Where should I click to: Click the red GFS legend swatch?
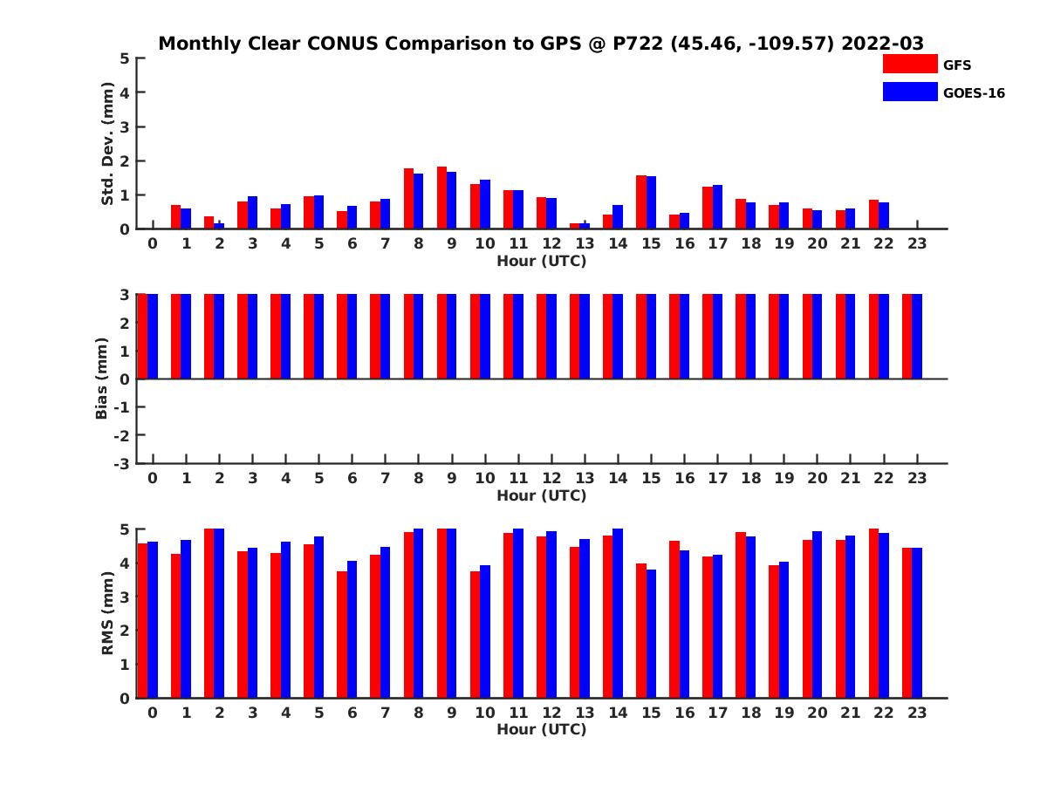pyautogui.click(x=910, y=65)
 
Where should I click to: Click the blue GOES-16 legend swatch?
pyautogui.click(x=910, y=92)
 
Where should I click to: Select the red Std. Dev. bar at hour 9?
pyautogui.click(x=441, y=198)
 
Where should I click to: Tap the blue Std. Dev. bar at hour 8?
pyautogui.click(x=419, y=201)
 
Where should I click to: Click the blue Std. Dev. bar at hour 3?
pyautogui.click(x=253, y=213)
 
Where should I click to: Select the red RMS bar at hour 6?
pyautogui.click(x=342, y=635)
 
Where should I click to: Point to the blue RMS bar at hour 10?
pyautogui.click(x=485, y=631)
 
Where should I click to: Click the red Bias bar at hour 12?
pyautogui.click(x=542, y=337)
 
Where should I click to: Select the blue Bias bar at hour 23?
pyautogui.click(x=917, y=337)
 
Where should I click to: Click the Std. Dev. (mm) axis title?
pyautogui.click(x=107, y=144)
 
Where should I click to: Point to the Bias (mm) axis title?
pyautogui.click(x=102, y=379)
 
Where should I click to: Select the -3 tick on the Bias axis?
pyautogui.click(x=122, y=463)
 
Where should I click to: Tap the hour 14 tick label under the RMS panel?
pyautogui.click(x=618, y=713)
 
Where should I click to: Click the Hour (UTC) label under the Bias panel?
pyautogui.click(x=541, y=495)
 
